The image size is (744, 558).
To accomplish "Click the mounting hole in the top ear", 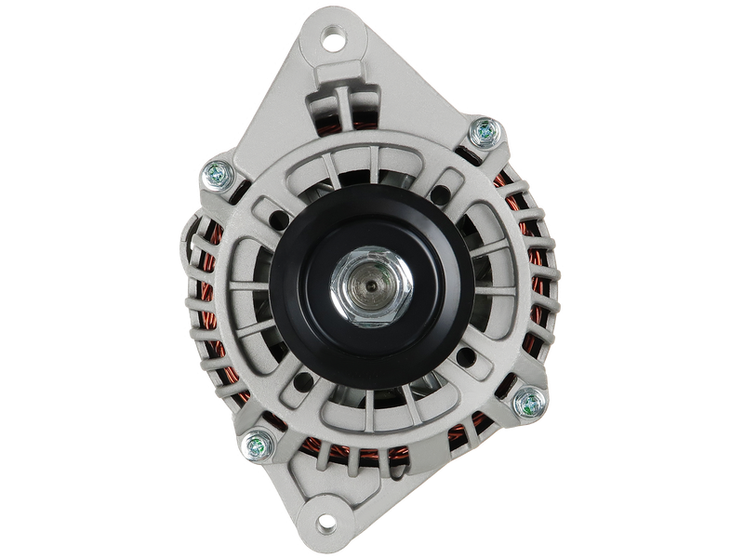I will (x=333, y=40).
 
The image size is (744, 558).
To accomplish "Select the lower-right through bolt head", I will (x=527, y=404).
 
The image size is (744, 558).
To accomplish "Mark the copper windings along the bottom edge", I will (x=372, y=457).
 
